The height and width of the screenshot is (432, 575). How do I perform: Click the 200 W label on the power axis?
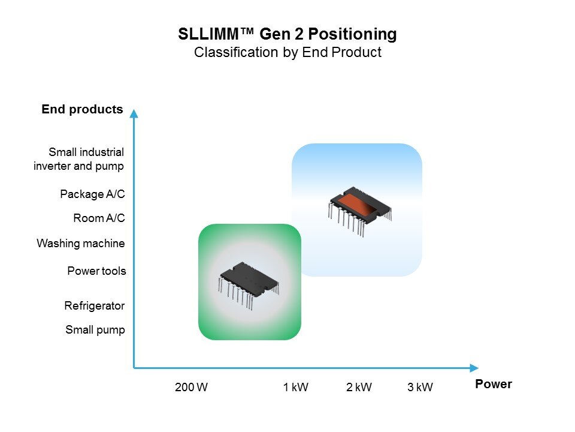(x=191, y=387)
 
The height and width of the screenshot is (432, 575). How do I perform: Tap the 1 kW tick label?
(x=295, y=387)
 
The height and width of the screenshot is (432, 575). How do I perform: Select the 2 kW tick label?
(x=359, y=387)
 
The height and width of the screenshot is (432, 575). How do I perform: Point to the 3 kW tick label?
(x=420, y=387)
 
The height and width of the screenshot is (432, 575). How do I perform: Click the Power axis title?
(x=493, y=384)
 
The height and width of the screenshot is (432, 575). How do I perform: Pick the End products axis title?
(x=82, y=109)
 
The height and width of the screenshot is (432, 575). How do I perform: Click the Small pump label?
(x=95, y=330)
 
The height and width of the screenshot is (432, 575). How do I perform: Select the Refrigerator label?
(x=94, y=305)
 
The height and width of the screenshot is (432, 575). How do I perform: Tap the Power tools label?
(x=96, y=271)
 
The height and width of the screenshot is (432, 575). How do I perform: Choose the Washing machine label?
(x=81, y=243)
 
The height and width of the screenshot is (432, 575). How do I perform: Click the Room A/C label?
(x=99, y=218)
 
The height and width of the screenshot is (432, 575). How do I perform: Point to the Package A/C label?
(x=92, y=194)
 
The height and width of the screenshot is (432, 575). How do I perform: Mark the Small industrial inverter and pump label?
(x=78, y=159)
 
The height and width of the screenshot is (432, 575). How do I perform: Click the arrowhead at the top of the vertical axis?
(x=134, y=113)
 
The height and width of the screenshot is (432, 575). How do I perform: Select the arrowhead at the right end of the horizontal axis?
(x=474, y=368)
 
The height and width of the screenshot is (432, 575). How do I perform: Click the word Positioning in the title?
(x=352, y=34)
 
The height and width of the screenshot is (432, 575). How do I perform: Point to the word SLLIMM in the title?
(x=208, y=34)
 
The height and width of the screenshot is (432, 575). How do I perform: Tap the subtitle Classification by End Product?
(x=287, y=53)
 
